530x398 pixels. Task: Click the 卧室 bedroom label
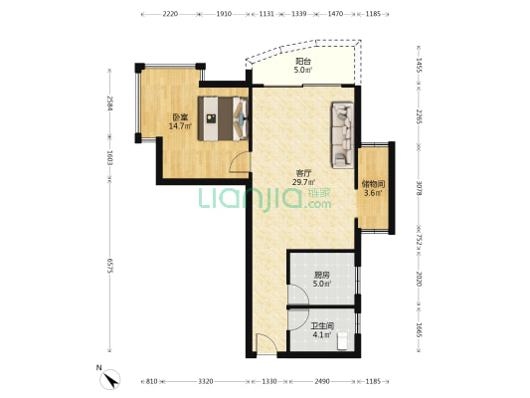coord(181,117)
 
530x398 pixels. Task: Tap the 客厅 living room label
coord(303,173)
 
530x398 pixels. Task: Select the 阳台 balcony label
coord(303,62)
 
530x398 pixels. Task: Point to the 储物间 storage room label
coord(373,184)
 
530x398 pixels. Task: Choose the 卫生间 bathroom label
coord(322,326)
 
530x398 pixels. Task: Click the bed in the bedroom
coord(223,118)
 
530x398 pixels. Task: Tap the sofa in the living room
coord(343,135)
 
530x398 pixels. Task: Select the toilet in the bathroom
coord(342,340)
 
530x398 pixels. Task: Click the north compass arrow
coord(110,379)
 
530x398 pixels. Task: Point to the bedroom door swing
coord(239,162)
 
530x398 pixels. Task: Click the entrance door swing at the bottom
coord(266,343)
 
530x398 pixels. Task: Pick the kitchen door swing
coord(298,295)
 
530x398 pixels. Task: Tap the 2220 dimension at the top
coord(170,14)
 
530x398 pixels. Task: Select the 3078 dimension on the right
coord(419,188)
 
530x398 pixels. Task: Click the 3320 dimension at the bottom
coord(206,381)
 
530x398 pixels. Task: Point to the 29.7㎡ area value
coord(303,182)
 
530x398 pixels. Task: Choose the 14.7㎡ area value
coord(181,126)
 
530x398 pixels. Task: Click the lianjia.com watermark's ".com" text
coord(318,204)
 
